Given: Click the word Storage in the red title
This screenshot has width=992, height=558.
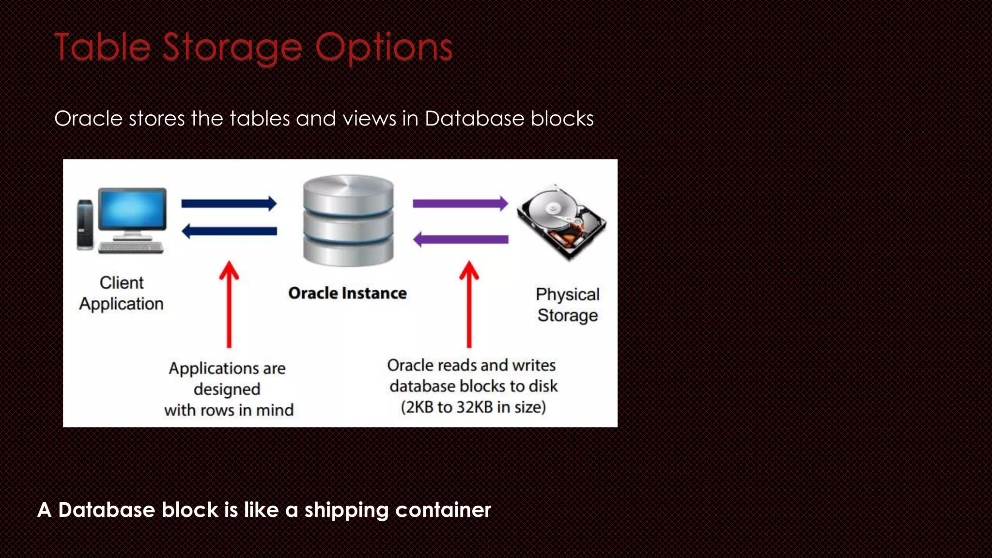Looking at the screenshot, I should (232, 47).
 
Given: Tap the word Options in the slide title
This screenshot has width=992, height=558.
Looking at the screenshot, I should (384, 47).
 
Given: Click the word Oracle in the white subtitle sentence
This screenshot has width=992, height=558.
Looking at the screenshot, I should (88, 119).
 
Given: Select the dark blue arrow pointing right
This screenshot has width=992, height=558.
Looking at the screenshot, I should (229, 203).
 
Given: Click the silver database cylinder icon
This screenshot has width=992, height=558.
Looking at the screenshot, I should (348, 220).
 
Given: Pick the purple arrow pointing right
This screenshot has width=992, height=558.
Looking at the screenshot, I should (460, 203).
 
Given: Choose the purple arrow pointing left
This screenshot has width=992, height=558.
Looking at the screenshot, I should (460, 239).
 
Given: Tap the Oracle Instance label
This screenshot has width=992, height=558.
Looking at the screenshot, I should (347, 294).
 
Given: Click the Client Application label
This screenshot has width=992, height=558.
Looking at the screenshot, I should (122, 293).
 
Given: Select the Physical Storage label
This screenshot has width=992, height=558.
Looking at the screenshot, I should (568, 305).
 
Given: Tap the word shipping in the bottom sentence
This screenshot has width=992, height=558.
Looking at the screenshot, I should (346, 510).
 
